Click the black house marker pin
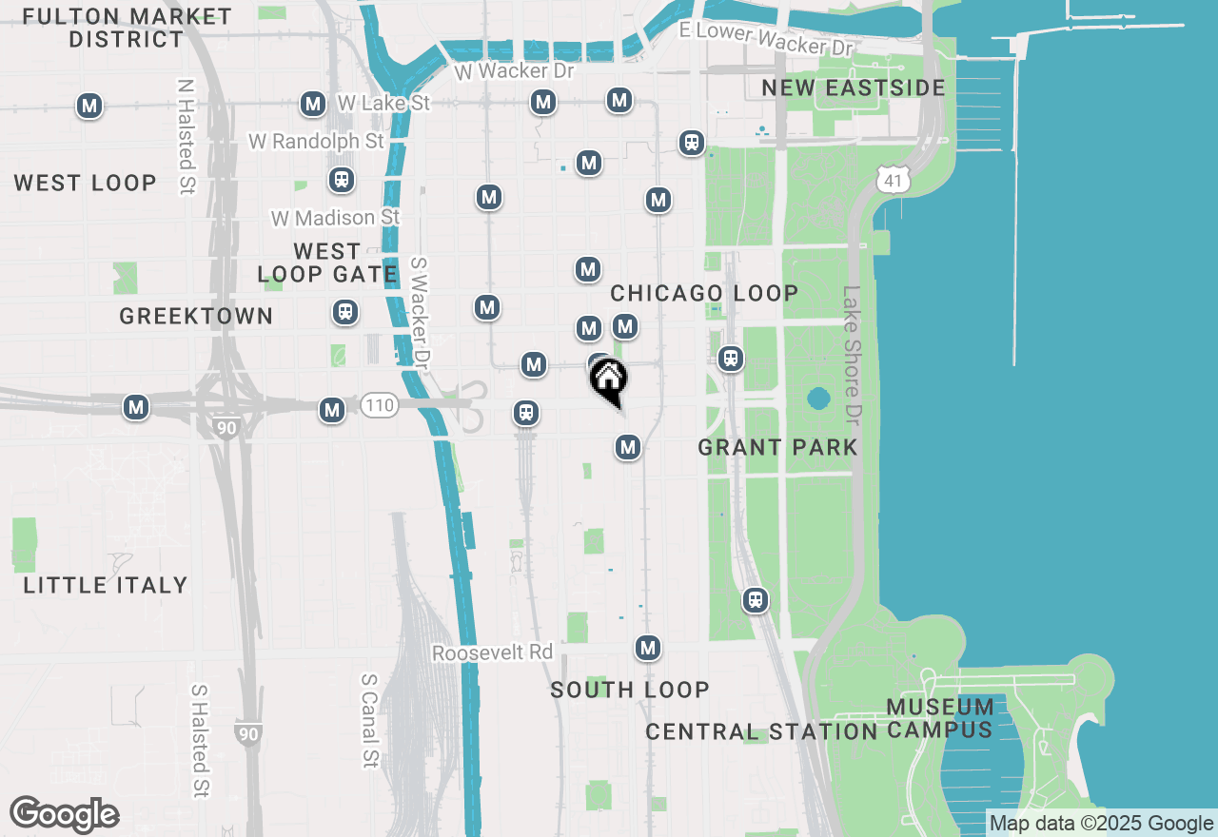609,380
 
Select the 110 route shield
379,406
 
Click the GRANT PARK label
777,447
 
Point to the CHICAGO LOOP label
704,293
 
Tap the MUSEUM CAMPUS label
940,719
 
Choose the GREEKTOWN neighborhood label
196,317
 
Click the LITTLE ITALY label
106,585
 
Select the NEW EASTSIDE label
854,88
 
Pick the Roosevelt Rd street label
492,653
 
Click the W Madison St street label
336,218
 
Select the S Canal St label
369,721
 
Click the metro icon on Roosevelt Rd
648,648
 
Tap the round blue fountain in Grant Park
817,399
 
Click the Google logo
64,815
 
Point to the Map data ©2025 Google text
1101,824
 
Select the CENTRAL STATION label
760,732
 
